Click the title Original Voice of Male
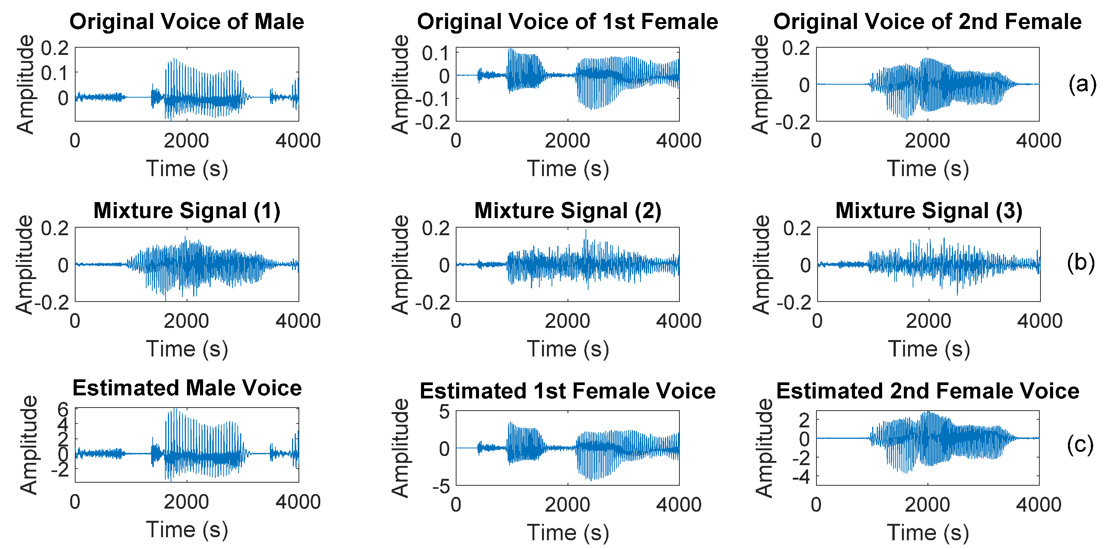pyautogui.click(x=187, y=21)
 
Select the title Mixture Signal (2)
pyautogui.click(x=568, y=210)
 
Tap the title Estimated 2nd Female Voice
pyautogui.click(x=928, y=391)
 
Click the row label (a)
pyautogui.click(x=1082, y=83)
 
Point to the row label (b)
pyautogui.click(x=1081, y=262)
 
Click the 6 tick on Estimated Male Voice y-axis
pyautogui.click(x=63, y=409)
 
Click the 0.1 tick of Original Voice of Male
pyautogui.click(x=55, y=73)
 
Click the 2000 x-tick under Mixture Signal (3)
pyautogui.click(x=928, y=321)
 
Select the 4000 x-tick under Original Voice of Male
pyautogui.click(x=298, y=141)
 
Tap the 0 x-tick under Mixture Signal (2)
pyautogui.click(x=456, y=321)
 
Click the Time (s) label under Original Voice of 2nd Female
pyautogui.click(x=928, y=169)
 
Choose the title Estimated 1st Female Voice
pyautogui.click(x=568, y=391)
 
